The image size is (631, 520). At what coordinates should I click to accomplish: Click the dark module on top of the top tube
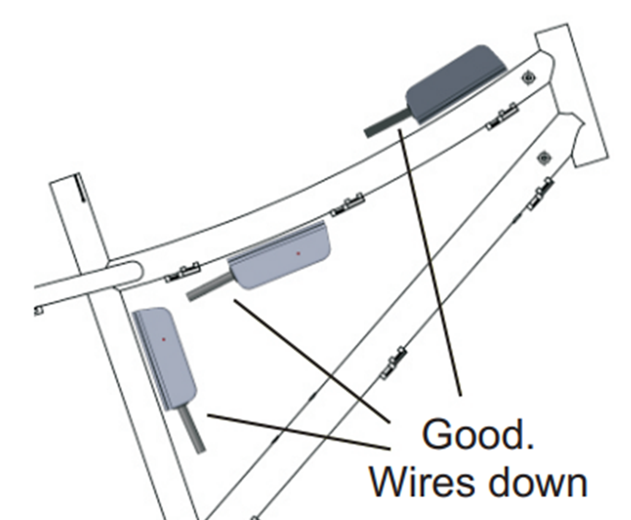click(x=454, y=84)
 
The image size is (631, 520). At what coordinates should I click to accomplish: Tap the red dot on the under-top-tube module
click(x=298, y=254)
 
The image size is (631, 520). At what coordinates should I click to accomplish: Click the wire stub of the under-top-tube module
click(x=209, y=288)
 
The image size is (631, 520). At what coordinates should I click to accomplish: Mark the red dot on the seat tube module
click(x=164, y=339)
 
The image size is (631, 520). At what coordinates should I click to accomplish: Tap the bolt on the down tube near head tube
click(x=543, y=158)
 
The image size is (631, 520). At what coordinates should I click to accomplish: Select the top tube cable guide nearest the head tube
click(x=501, y=116)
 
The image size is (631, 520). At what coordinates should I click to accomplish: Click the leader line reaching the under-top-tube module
click(x=310, y=358)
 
